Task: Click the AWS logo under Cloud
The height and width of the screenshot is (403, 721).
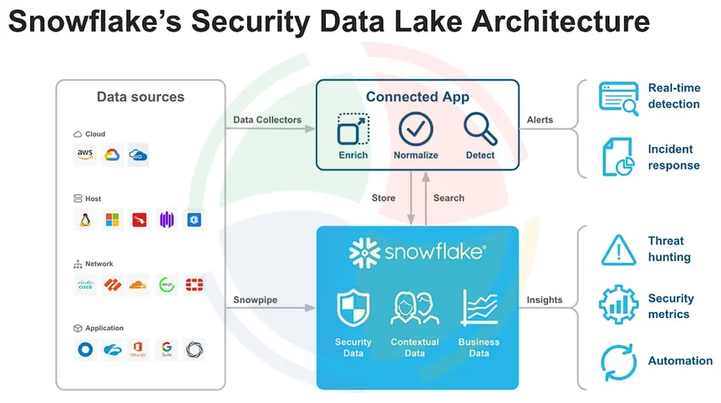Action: [85, 154]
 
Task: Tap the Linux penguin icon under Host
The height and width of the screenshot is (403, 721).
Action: [85, 219]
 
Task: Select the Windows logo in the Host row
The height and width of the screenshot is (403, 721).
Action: [112, 219]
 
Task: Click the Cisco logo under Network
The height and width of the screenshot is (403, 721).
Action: [85, 285]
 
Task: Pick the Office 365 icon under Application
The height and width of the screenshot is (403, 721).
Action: [140, 350]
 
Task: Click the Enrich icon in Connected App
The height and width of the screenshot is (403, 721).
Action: [353, 130]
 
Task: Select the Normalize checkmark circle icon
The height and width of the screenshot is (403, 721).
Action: [415, 129]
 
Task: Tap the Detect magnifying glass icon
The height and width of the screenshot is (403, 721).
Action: [480, 129]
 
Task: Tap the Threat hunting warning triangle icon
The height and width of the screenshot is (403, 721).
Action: [618, 249]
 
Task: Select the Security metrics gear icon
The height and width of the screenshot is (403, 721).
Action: [618, 305]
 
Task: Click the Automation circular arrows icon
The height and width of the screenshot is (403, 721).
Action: [618, 362]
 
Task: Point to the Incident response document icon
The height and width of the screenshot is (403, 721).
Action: [618, 157]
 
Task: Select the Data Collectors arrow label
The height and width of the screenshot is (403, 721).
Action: [267, 120]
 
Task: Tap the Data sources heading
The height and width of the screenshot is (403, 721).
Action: [140, 97]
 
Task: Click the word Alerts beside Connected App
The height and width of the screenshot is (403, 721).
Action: [540, 120]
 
